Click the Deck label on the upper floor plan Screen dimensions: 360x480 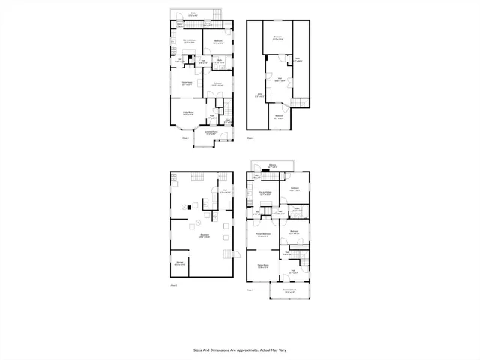click(x=193, y=13)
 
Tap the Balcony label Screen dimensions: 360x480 click(x=272, y=165)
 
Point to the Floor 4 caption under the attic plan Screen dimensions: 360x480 click(x=250, y=137)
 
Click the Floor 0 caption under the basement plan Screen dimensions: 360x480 click(x=173, y=286)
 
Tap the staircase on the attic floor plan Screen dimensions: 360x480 click(x=299, y=102)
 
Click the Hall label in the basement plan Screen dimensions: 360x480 click(x=224, y=192)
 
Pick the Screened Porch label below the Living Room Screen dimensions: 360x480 click(x=211, y=132)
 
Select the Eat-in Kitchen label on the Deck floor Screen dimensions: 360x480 click(x=190, y=41)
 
